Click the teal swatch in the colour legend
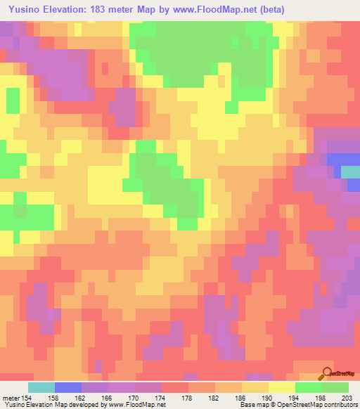41,387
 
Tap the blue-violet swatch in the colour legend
68,387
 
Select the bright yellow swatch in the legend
281,387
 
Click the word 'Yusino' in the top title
22,8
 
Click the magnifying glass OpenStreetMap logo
328,372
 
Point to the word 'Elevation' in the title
68,8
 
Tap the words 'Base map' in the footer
245,405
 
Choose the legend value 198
321,398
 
